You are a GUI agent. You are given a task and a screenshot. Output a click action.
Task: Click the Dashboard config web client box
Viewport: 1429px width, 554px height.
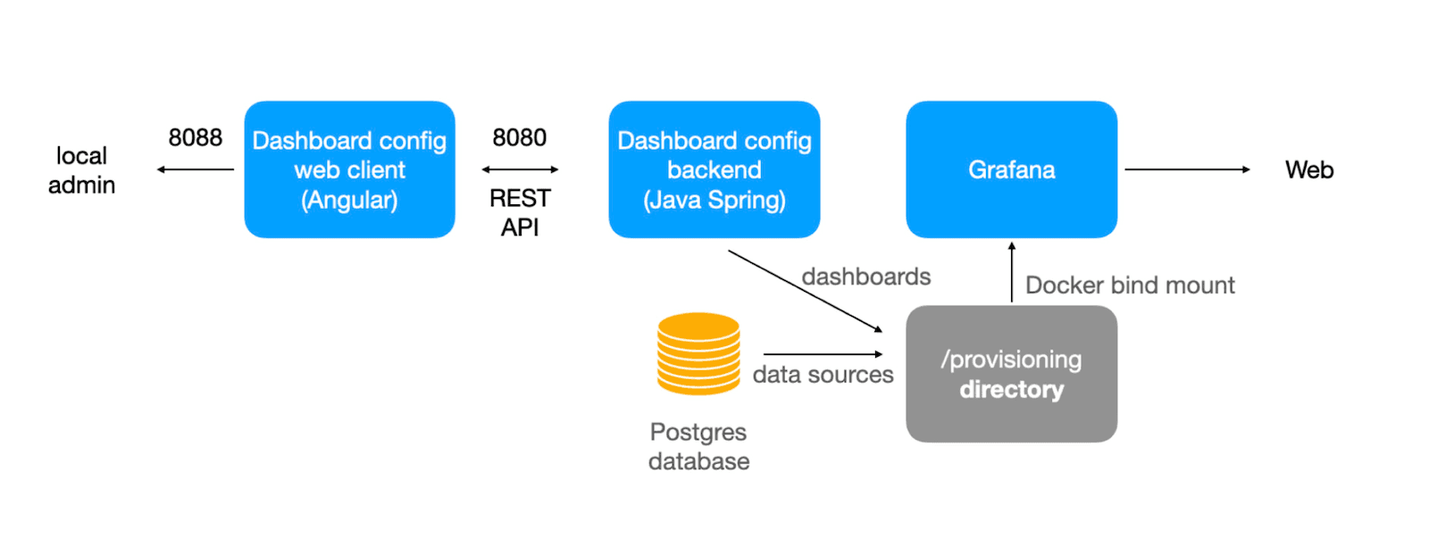[349, 170]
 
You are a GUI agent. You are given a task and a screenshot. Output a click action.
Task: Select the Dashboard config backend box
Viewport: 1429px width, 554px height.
[714, 170]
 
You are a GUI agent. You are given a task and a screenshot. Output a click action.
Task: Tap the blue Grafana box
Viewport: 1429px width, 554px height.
[1011, 170]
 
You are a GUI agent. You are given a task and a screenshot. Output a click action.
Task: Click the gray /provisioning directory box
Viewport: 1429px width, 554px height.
[1011, 374]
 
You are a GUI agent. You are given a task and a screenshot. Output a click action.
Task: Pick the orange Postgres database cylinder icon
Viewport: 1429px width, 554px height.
[698, 353]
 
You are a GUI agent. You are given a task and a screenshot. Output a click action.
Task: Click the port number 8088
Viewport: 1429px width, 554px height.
[195, 137]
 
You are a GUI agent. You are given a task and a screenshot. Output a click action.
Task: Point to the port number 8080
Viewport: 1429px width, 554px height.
[519, 137]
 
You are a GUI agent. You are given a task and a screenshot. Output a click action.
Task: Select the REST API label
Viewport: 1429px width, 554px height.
[520, 212]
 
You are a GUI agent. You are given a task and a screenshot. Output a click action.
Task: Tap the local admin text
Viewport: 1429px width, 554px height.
[81, 170]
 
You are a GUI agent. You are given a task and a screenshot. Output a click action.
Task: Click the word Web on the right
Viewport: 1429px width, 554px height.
[1308, 170]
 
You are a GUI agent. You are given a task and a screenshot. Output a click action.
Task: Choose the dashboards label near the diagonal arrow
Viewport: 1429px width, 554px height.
[865, 277]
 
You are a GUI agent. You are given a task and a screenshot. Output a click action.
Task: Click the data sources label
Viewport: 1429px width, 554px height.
[823, 375]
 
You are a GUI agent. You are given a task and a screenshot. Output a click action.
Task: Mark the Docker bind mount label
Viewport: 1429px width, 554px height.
[1130, 285]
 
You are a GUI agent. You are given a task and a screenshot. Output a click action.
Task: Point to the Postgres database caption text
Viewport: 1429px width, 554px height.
[698, 447]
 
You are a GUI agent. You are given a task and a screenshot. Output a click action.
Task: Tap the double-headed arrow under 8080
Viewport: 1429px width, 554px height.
[520, 170]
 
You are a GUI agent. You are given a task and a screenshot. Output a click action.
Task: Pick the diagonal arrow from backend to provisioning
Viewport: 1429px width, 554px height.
[804, 291]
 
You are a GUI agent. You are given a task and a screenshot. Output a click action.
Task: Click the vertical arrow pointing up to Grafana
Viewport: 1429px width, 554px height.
[1011, 272]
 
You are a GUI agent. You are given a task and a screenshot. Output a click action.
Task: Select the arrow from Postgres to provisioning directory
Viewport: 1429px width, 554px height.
[822, 354]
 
